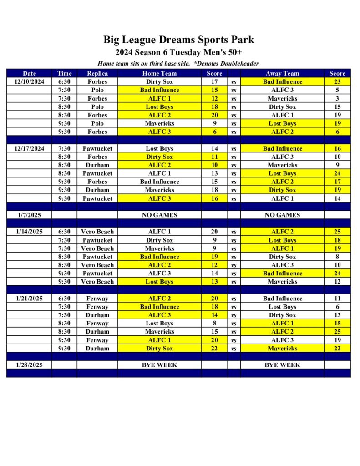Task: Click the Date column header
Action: coord(29,73)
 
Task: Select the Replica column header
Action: coord(97,73)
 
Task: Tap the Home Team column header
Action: coord(159,73)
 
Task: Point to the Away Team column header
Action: coord(282,73)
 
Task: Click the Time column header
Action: coord(64,73)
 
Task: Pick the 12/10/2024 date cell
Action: coord(29,82)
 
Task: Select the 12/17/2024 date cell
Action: coord(29,148)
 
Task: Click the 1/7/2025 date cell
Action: coord(29,215)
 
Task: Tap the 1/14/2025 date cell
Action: coord(29,232)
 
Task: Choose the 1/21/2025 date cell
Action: coord(29,299)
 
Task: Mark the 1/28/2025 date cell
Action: coord(29,365)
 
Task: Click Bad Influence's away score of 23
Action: coord(337,82)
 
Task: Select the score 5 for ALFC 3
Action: coord(337,90)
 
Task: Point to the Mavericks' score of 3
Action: coord(337,98)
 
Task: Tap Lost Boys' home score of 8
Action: coord(214,324)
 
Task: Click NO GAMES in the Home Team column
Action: coord(159,215)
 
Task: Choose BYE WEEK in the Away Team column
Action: coord(282,365)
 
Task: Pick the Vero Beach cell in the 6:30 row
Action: coord(97,232)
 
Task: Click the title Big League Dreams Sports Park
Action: coord(178,40)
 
